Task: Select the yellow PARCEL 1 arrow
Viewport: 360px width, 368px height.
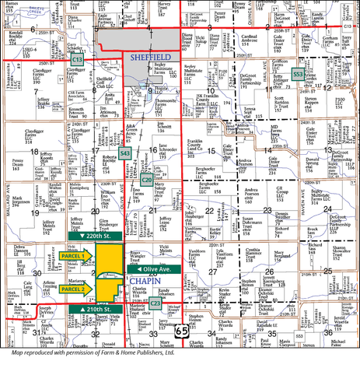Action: (x=72, y=255)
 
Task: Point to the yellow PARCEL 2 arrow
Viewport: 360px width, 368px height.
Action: (x=72, y=289)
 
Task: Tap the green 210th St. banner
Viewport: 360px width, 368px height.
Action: (x=92, y=310)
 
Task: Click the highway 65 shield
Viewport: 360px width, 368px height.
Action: (x=181, y=331)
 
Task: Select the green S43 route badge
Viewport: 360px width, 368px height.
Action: (x=125, y=154)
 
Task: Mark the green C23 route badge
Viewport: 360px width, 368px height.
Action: (x=155, y=303)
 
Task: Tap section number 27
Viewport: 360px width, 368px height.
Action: (x=213, y=271)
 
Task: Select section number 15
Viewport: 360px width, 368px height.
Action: (x=213, y=150)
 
